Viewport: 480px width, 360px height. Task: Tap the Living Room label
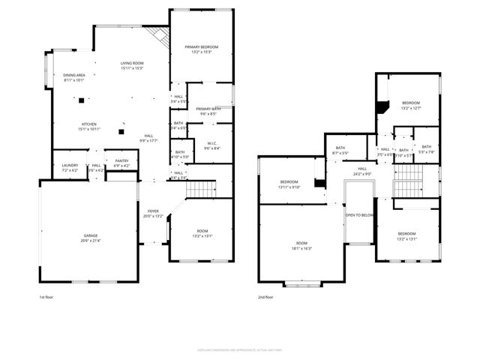pos(132,63)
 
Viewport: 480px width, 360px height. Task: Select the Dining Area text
pos(73,76)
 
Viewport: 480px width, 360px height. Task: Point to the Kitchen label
pos(89,124)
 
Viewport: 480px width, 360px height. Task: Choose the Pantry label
pos(121,162)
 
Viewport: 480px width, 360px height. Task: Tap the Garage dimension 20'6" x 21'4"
pos(90,241)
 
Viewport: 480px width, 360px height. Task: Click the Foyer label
pos(153,211)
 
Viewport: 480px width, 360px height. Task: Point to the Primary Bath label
pos(208,109)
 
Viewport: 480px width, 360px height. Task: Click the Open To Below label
pos(359,215)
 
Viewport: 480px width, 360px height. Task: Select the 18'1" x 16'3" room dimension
pos(302,248)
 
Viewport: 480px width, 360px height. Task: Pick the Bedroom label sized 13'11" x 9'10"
pos(289,182)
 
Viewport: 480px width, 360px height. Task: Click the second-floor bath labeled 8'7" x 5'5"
pos(340,148)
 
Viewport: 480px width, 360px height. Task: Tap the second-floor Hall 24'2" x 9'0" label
pos(361,169)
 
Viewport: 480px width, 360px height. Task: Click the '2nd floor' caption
pos(266,297)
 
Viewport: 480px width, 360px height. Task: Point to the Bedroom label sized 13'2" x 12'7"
pos(410,103)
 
